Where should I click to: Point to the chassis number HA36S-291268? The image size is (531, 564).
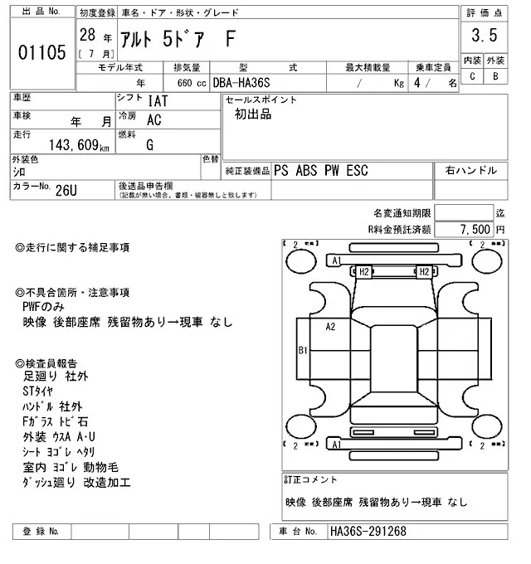pos(368,531)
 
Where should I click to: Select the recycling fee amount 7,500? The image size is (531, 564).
pos(476,228)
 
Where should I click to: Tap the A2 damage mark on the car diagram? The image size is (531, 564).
pos(330,326)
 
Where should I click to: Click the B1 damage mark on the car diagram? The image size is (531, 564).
pos(304,350)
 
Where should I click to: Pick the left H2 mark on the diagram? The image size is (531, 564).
pos(363,271)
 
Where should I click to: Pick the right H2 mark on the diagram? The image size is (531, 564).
pos(424,271)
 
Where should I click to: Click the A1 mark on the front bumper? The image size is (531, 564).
pos(336,260)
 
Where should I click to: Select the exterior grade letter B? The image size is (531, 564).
pos(494,76)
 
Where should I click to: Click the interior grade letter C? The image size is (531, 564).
pos(472,76)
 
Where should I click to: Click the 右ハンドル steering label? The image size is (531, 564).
pos(471,170)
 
